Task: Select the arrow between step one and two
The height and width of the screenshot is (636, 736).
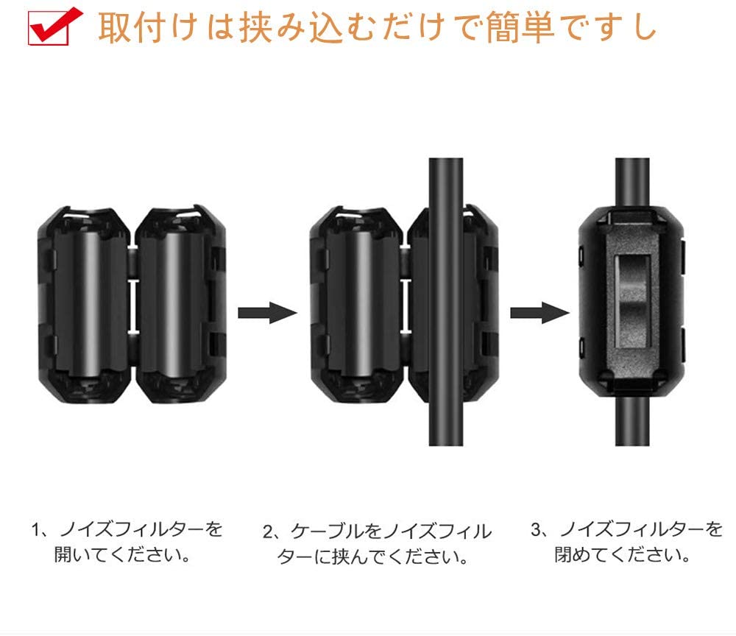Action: tap(266, 312)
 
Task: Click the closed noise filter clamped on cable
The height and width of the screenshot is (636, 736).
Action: tap(631, 303)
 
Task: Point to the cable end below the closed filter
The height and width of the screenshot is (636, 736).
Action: tap(631, 427)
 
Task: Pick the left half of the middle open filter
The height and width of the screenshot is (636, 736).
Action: tap(358, 302)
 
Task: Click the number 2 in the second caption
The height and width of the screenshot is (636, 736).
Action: tap(268, 531)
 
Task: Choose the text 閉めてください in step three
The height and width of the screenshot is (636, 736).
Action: tap(622, 554)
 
